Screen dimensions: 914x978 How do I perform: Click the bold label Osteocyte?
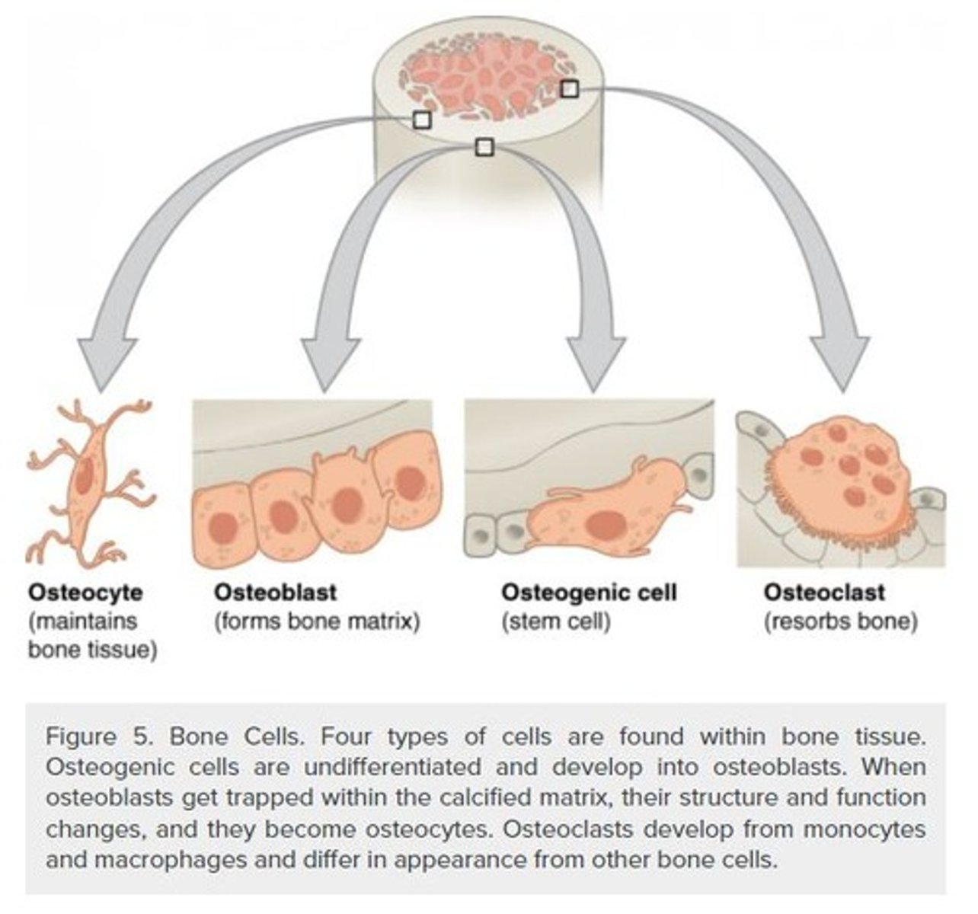pyautogui.click(x=85, y=592)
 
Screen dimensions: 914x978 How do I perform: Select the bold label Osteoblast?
pyautogui.click(x=275, y=592)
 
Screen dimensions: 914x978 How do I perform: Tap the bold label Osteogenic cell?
pyautogui.click(x=588, y=592)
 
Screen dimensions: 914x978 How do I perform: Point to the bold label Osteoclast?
pyautogui.click(x=824, y=592)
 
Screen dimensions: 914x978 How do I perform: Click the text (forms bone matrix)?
pyautogui.click(x=317, y=622)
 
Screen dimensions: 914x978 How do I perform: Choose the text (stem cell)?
pyautogui.click(x=556, y=622)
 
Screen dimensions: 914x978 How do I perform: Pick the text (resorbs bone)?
pyautogui.click(x=840, y=622)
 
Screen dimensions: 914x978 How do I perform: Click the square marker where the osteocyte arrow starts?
pyautogui.click(x=421, y=120)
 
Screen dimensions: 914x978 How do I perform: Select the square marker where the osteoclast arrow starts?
pyautogui.click(x=569, y=89)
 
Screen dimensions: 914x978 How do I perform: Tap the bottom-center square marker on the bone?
pyautogui.click(x=484, y=147)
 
